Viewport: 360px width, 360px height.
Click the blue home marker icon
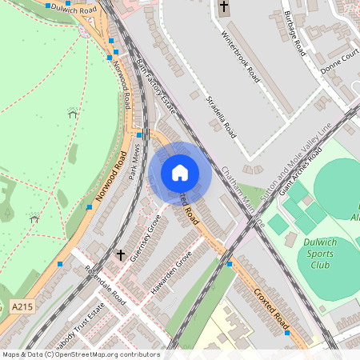(x=179, y=172)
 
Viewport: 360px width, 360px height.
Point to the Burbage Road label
(x=294, y=32)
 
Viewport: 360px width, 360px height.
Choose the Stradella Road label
(x=220, y=116)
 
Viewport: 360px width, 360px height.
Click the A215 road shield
(x=22, y=306)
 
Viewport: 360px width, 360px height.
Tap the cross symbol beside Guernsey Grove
(x=120, y=255)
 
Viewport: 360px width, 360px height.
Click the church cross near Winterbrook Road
(x=223, y=9)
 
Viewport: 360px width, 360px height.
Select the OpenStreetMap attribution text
(x=80, y=354)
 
